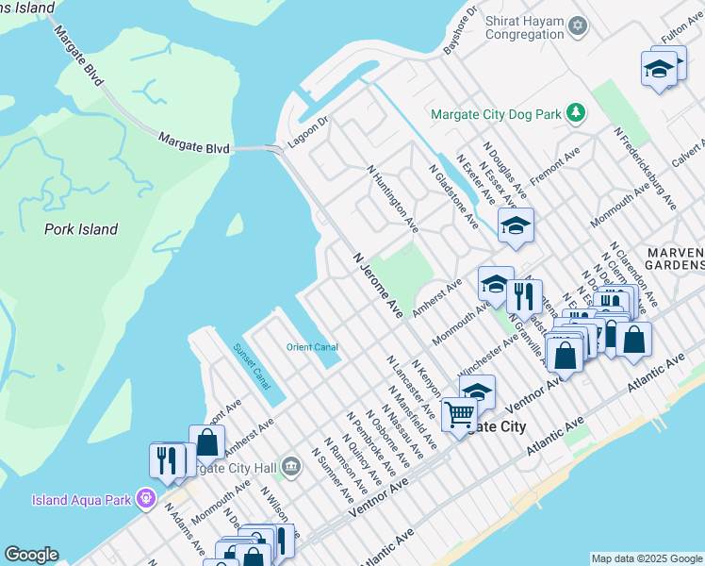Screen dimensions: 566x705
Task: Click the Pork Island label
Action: pyautogui.click(x=80, y=229)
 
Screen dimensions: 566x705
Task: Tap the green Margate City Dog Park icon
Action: pyautogui.click(x=576, y=114)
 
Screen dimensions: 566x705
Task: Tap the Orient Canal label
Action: pyautogui.click(x=312, y=347)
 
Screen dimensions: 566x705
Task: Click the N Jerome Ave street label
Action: pyautogui.click(x=378, y=284)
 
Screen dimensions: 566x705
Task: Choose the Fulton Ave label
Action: pyautogui.click(x=676, y=35)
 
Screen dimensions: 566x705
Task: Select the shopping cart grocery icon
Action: pyautogui.click(x=459, y=414)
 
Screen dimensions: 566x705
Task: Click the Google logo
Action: pyautogui.click(x=31, y=555)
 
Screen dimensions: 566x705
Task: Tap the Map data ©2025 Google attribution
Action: pyautogui.click(x=647, y=558)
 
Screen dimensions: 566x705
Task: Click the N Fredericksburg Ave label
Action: pyautogui.click(x=646, y=168)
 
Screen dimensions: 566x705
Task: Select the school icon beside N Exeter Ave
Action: pyautogui.click(x=516, y=225)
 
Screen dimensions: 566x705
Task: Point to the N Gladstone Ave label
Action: pyautogui.click(x=453, y=195)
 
